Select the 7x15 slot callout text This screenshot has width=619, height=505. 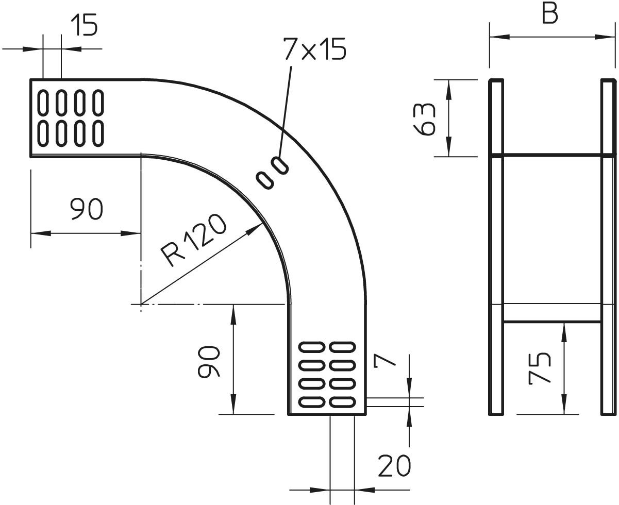(314, 50)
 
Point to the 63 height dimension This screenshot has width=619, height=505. (427, 118)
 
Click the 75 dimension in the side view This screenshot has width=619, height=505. (540, 368)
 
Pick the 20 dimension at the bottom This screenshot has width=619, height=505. (394, 466)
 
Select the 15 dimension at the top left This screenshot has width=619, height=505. (83, 26)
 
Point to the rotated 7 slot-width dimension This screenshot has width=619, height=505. (385, 360)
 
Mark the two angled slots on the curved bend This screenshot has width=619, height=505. (272, 173)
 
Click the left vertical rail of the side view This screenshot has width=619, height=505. (496, 247)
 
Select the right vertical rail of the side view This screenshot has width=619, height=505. (608, 247)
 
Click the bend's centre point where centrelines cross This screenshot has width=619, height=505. (141, 304)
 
